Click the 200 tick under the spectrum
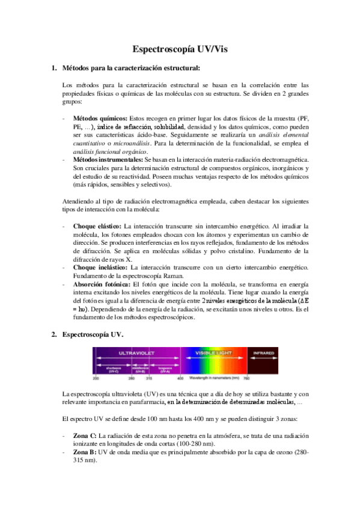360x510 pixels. (x=96, y=379)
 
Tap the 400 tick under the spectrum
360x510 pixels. (x=180, y=379)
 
